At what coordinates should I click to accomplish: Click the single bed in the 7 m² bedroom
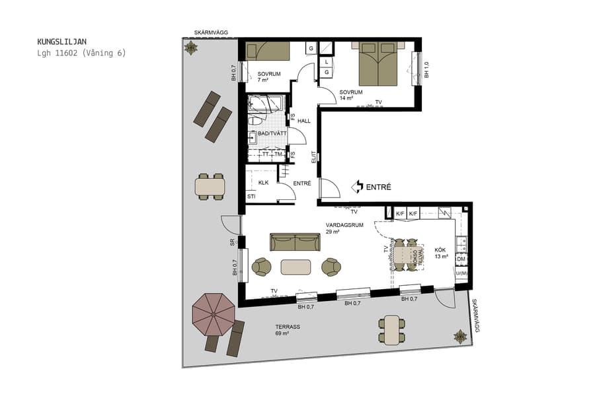coord(268,51)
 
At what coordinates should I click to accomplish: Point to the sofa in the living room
coord(295,242)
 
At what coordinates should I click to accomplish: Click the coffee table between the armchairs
coord(296,267)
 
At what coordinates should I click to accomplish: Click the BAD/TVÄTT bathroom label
coord(272,133)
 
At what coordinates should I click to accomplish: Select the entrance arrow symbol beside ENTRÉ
coord(358,187)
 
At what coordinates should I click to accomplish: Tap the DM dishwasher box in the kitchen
coord(461,259)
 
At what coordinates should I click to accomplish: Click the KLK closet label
coord(263,182)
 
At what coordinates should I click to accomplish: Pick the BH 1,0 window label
coord(426,70)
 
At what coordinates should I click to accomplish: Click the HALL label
coord(304,121)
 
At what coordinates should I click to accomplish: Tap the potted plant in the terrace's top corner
coord(191,47)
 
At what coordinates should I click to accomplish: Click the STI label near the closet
coord(251,197)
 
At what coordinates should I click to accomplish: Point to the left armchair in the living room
coord(262,267)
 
